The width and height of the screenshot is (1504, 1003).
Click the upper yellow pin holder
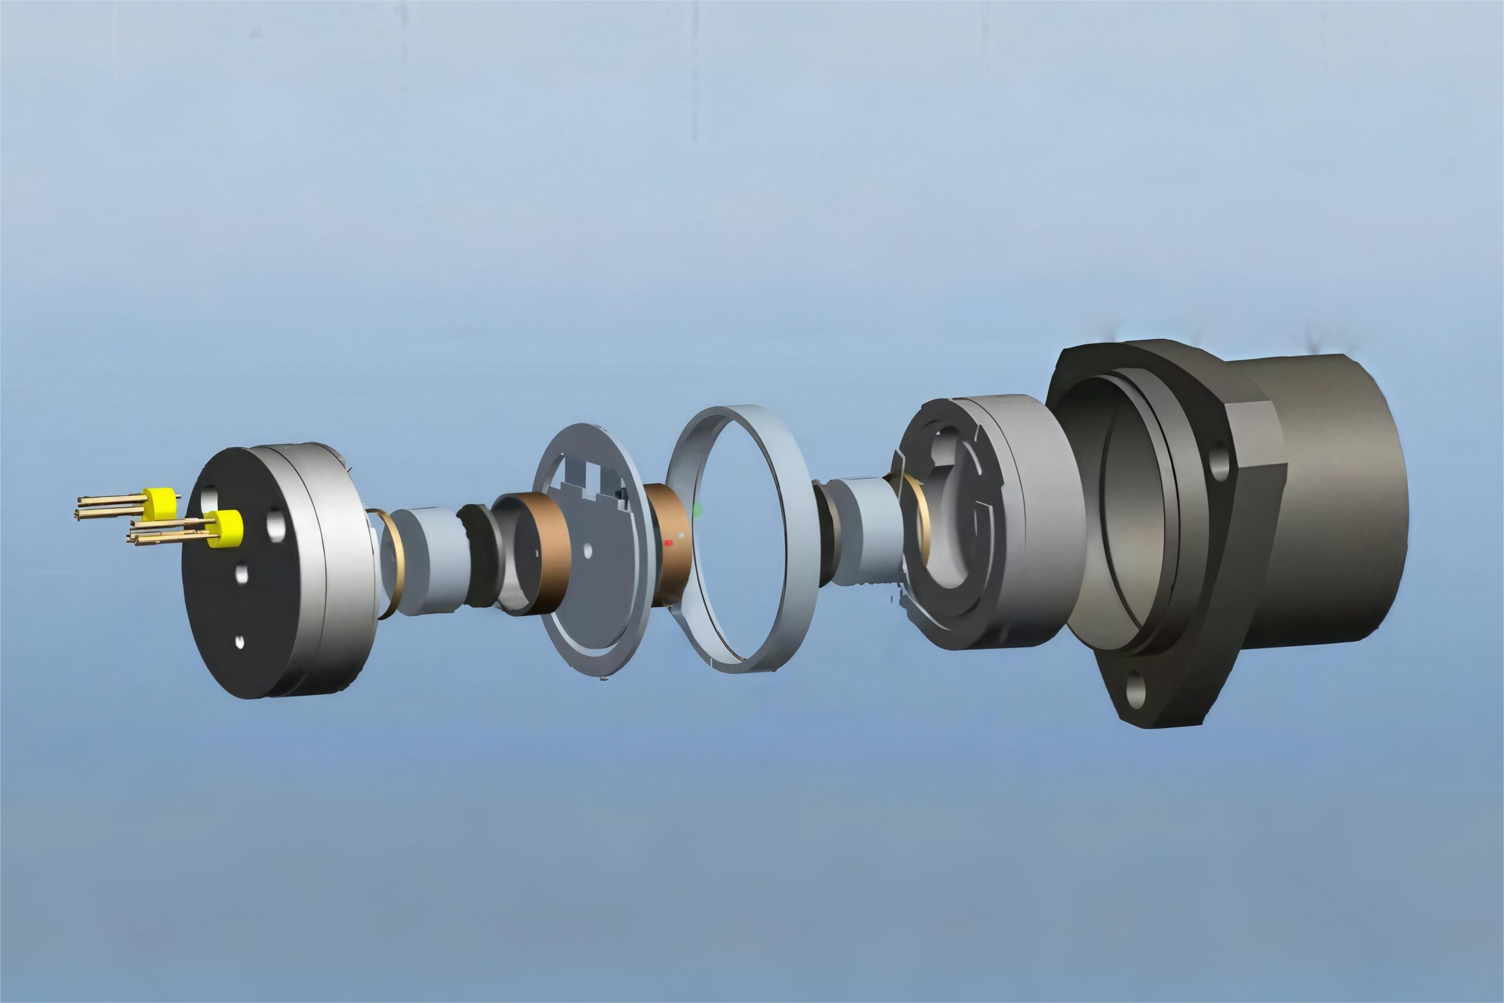pyautogui.click(x=159, y=504)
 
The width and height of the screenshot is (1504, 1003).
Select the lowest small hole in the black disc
pyautogui.click(x=240, y=642)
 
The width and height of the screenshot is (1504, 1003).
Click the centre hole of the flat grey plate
pyautogui.click(x=588, y=551)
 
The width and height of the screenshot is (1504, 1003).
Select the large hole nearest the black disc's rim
pyautogui.click(x=276, y=524)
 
